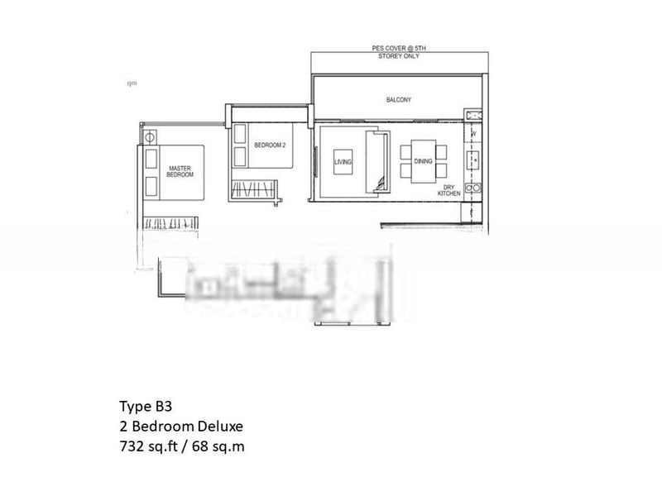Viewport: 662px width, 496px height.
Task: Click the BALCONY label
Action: [398, 100]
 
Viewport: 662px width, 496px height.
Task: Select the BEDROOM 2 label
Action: [269, 145]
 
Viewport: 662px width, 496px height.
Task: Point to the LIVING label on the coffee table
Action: [343, 162]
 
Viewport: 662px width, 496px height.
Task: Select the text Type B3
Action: [146, 407]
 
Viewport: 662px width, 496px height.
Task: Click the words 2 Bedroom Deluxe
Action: [181, 427]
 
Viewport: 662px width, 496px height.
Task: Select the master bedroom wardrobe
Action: [171, 222]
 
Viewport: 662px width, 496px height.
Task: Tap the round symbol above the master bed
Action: [151, 137]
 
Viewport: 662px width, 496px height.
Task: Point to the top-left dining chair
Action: [406, 151]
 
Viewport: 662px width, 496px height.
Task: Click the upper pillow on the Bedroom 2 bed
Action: [241, 133]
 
